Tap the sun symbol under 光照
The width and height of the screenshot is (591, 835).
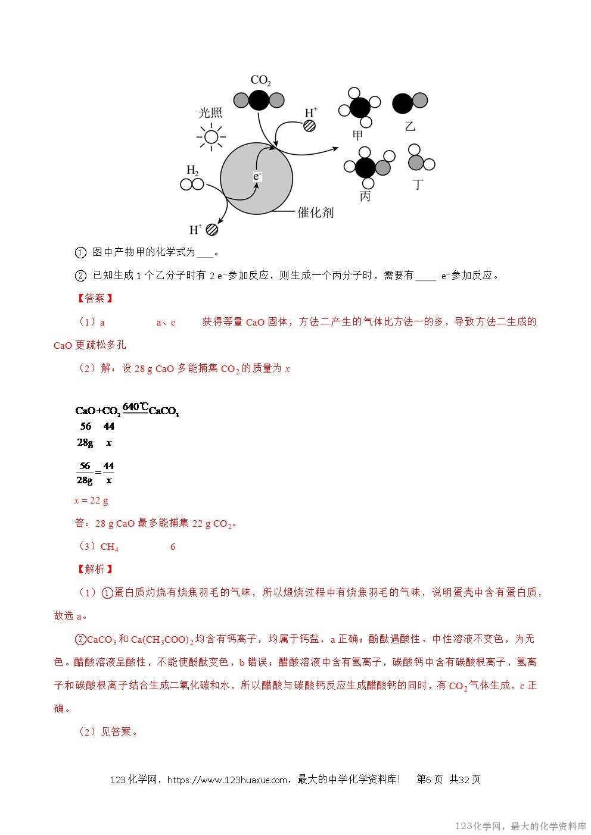[210, 137]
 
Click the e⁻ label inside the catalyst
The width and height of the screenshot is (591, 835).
[257, 176]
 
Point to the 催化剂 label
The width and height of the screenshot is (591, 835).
[315, 212]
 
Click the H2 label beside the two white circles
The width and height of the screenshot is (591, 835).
[192, 171]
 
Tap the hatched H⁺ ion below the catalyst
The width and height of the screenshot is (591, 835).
[211, 230]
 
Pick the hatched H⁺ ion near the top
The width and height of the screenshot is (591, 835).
[309, 125]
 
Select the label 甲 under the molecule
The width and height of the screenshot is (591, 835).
[357, 136]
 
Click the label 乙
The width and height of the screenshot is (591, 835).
[409, 126]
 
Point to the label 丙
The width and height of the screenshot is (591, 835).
[365, 196]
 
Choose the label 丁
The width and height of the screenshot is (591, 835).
[419, 184]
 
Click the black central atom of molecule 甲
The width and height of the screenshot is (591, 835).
[360, 108]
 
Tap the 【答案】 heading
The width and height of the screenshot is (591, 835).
[91, 298]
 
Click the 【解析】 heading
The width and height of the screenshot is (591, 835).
[91, 569]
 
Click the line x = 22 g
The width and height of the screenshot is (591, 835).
[91, 501]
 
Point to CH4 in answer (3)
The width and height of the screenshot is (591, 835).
[110, 547]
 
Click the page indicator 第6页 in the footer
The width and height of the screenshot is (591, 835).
[429, 780]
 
